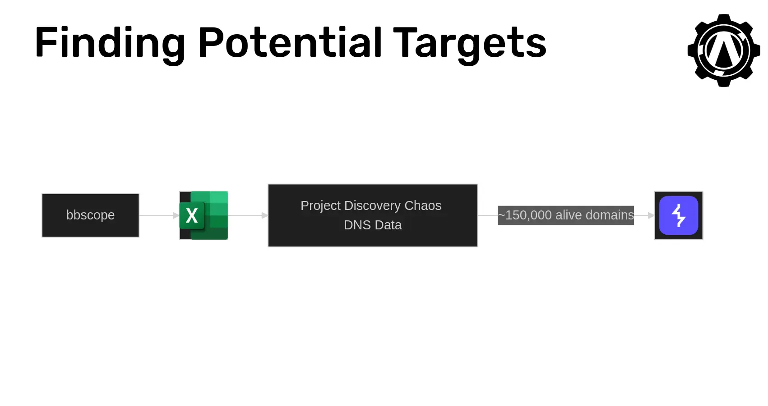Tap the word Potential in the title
[290, 42]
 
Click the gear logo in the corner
[724, 50]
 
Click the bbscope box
[91, 215]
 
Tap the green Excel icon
[204, 215]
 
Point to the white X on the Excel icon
[192, 216]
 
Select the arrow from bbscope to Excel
[159, 215]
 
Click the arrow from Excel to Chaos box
[248, 215]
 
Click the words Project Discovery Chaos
[371, 206]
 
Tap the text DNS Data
[373, 225]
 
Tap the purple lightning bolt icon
[679, 215]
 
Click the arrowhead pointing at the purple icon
[651, 215]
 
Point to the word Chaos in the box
[423, 206]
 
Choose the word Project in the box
[320, 206]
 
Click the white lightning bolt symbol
[678, 215]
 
